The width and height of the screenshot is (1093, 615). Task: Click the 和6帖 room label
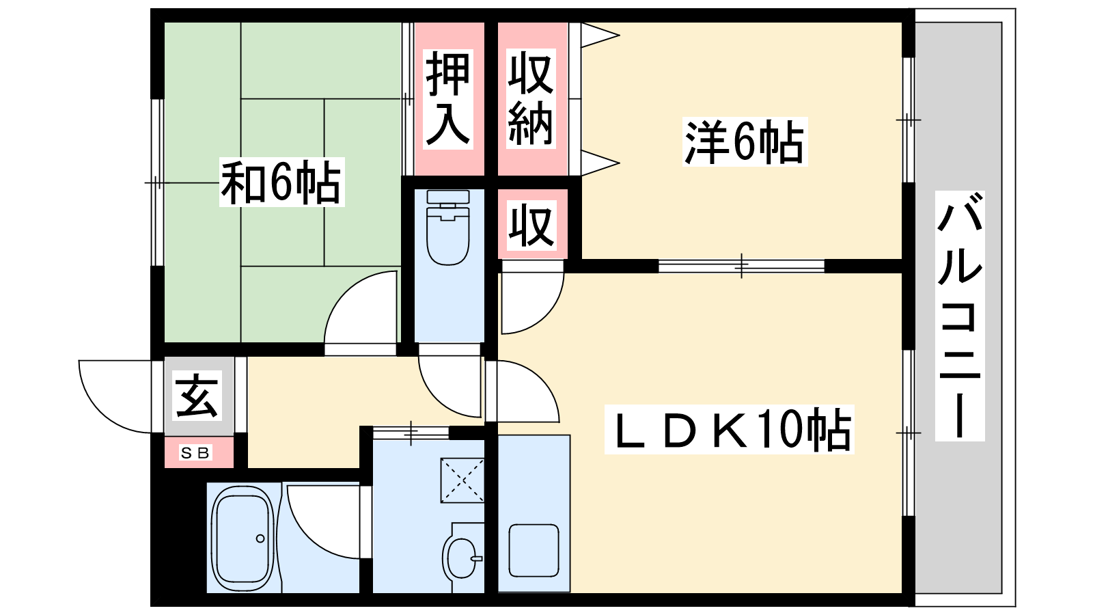click(281, 182)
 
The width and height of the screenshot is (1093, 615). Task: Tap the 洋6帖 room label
click(745, 142)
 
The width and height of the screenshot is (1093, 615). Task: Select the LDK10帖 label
click(729, 430)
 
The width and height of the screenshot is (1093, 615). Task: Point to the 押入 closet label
click(448, 99)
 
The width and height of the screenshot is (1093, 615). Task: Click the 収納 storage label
click(531, 98)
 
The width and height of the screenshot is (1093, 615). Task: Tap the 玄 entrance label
click(197, 396)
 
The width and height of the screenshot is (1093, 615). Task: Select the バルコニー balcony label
click(959, 316)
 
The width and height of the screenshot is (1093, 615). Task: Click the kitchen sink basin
click(534, 551)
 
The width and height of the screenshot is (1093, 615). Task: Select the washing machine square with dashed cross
click(462, 480)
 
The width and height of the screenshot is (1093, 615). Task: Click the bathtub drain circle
click(260, 538)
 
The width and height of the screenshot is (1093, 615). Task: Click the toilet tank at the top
click(448, 197)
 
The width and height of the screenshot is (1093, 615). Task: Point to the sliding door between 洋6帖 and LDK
click(742, 266)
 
